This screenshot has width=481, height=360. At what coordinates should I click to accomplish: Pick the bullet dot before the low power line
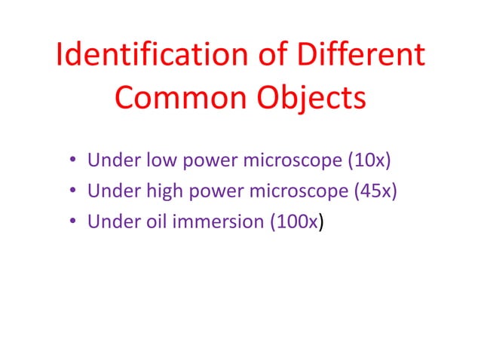[x=72, y=160]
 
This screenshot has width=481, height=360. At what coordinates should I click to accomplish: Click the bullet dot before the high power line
[x=72, y=191]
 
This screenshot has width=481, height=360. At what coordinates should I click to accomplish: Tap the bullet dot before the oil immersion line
[x=72, y=222]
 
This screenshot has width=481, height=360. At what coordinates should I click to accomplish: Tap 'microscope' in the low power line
[x=276, y=160]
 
